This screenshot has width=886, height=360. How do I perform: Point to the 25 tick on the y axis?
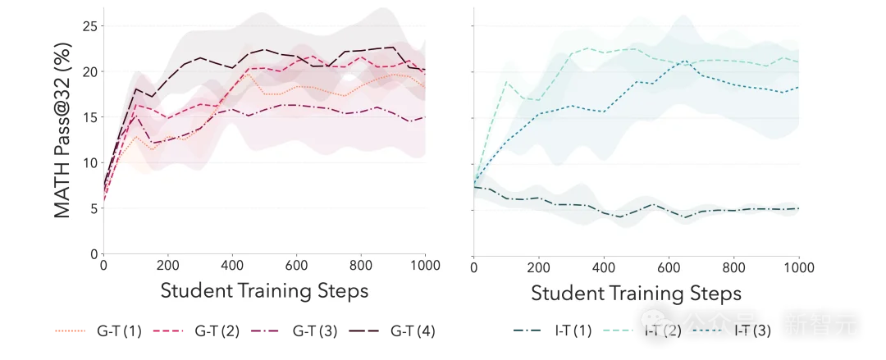pyautogui.click(x=89, y=26)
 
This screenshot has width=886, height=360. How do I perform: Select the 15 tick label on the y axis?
pyautogui.click(x=89, y=117)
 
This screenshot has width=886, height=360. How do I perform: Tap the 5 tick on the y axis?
pyautogui.click(x=94, y=208)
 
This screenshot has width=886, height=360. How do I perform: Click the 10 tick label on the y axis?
pyautogui.click(x=89, y=163)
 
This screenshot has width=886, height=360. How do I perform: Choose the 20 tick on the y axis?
pyautogui.click(x=89, y=72)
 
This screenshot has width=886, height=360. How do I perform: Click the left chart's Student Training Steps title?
pyautogui.click(x=264, y=290)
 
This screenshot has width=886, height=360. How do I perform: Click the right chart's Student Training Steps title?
pyautogui.click(x=636, y=293)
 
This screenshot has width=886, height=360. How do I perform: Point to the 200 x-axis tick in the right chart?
pyautogui.click(x=538, y=268)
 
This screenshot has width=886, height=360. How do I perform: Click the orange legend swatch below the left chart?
pyautogui.click(x=69, y=331)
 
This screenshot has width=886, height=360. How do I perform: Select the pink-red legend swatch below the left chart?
pyautogui.click(x=167, y=331)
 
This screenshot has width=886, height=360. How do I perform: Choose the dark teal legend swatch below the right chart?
pyautogui.click(x=527, y=331)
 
